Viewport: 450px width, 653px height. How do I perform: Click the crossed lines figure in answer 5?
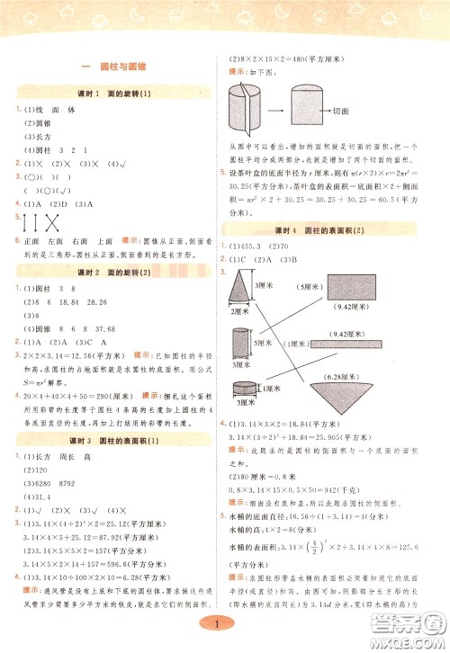pyautogui.click(x=37, y=221)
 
